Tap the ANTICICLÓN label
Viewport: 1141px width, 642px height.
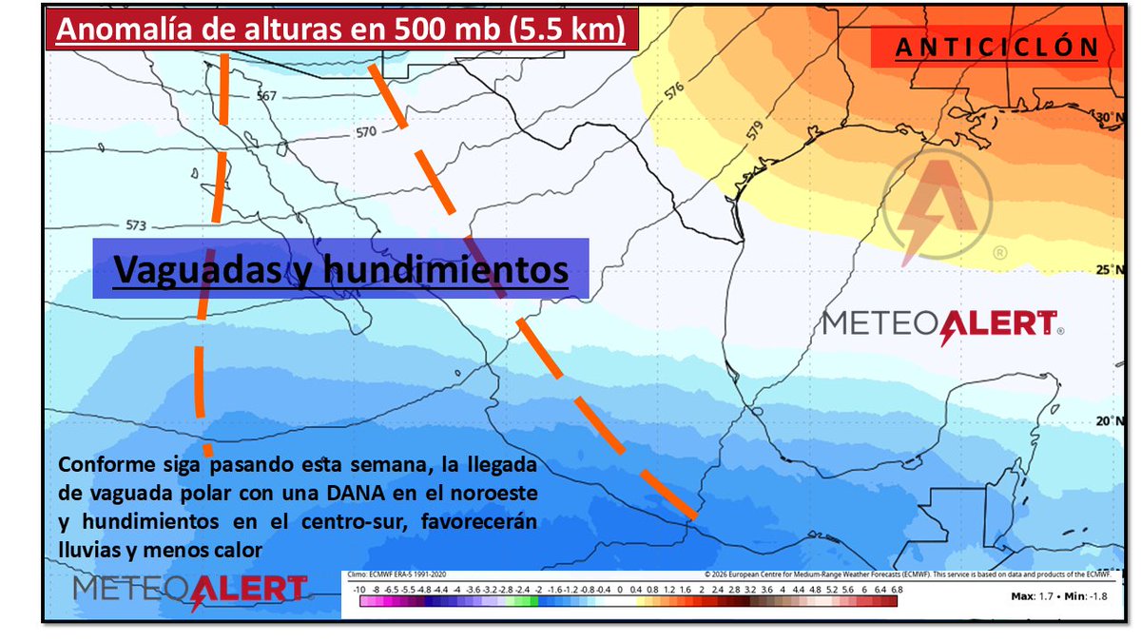click(x=997, y=47)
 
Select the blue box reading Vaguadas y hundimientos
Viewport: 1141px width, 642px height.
click(x=340, y=269)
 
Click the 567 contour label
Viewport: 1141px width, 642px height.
click(x=266, y=96)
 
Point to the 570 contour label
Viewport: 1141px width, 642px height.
click(x=366, y=132)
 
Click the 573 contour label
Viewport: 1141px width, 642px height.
click(x=137, y=226)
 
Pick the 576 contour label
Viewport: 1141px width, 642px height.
click(x=674, y=92)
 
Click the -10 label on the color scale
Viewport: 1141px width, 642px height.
click(x=358, y=591)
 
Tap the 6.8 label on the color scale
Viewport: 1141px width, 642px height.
click(x=896, y=591)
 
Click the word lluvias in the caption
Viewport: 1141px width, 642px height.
click(x=85, y=550)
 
